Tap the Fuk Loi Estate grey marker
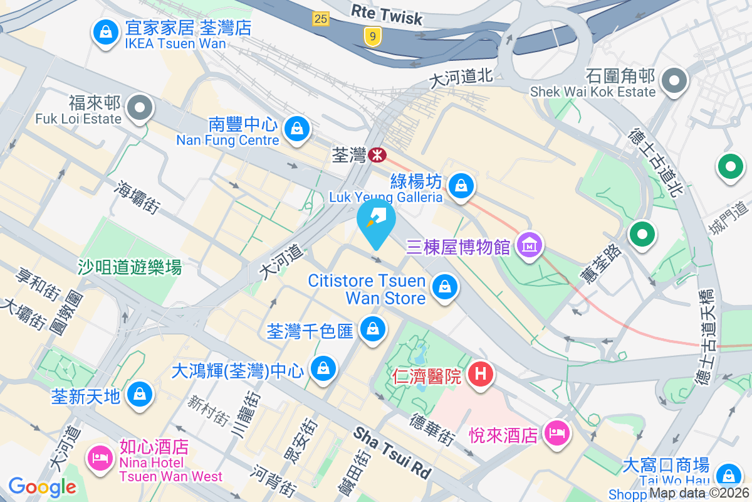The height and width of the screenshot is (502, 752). tap(140, 109)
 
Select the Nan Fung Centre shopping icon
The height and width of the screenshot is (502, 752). tap(297, 129)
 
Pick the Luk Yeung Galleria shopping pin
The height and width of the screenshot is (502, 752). tap(461, 185)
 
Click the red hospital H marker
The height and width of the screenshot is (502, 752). tap(481, 375)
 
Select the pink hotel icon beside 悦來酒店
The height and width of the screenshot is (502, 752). tap(556, 432)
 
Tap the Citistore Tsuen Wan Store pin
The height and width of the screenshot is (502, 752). tap(444, 288)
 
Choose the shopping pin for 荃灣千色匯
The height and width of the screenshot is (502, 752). tap(373, 328)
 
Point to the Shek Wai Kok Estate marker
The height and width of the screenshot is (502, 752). tap(675, 80)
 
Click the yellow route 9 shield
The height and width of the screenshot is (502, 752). tap(373, 37)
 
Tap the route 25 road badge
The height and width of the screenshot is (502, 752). tap(320, 19)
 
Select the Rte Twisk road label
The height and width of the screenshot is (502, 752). tap(387, 15)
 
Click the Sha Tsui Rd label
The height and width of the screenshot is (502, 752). tap(393, 452)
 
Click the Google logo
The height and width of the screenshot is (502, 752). tap(42, 486)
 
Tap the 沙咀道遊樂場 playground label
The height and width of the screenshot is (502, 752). tap(130, 267)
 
